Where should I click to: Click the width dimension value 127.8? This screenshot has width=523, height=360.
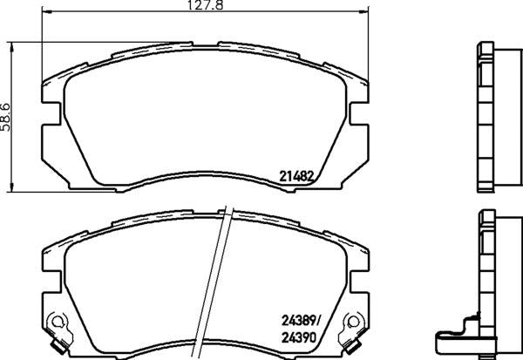tap(205, 4)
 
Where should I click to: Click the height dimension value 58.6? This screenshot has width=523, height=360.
tap(6, 117)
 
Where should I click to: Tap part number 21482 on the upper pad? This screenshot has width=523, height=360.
tap(296, 176)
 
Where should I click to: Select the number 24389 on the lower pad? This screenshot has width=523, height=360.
tap(299, 321)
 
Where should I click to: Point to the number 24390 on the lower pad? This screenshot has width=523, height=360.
tap(299, 338)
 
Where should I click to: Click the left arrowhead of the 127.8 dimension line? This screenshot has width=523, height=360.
tap(47, 12)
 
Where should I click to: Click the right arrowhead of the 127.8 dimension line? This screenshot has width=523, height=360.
tap(363, 12)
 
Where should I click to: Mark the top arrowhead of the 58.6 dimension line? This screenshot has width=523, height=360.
tap(12, 47)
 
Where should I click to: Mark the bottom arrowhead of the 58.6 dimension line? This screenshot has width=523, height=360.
tap(12, 187)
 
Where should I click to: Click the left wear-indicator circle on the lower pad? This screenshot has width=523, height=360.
tap(57, 322)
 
